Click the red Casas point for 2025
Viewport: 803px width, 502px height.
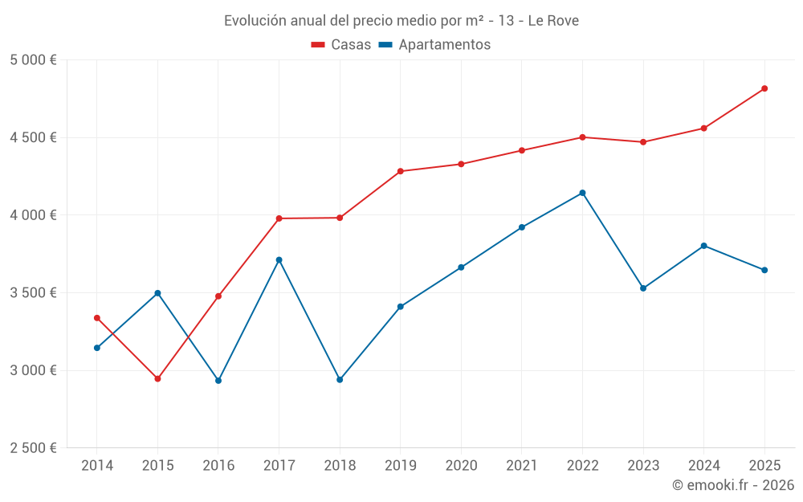(764, 88)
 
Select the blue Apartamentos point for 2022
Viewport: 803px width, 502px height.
(582, 193)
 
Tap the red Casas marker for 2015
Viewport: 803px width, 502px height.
(157, 378)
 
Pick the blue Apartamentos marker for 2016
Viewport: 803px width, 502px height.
(218, 381)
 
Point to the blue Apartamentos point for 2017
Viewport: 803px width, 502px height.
(279, 259)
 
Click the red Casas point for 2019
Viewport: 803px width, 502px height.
(400, 171)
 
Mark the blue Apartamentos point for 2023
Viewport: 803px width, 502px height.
(643, 288)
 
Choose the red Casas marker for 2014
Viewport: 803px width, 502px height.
(97, 318)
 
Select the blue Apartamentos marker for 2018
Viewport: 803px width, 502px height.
(340, 379)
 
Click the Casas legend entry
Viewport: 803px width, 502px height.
(341, 45)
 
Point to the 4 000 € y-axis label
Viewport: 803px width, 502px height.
(33, 215)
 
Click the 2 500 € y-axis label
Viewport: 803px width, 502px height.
(33, 448)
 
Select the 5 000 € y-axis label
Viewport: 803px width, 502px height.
(33, 60)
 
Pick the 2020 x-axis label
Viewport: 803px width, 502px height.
(461, 466)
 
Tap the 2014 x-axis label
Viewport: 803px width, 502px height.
(97, 466)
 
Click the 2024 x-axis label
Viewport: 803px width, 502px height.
(703, 466)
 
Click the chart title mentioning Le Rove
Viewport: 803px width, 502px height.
(401, 21)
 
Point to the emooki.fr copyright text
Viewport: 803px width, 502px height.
(732, 485)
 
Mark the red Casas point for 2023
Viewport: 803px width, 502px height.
(643, 142)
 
